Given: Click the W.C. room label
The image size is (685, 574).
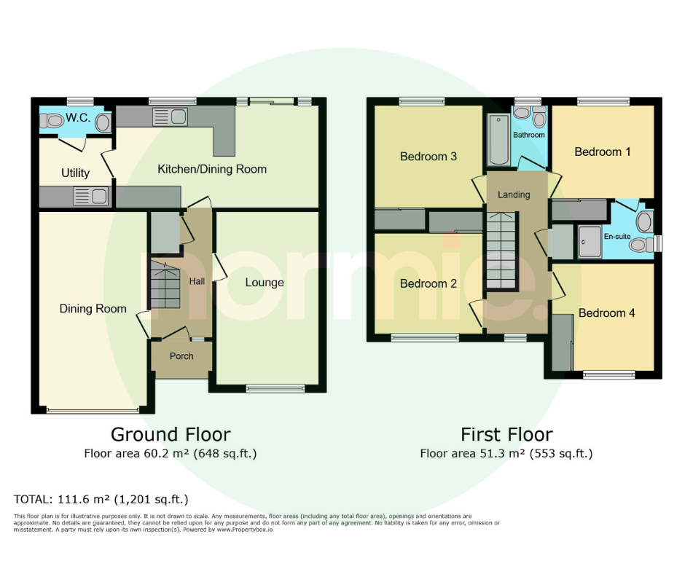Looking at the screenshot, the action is (x=78, y=117).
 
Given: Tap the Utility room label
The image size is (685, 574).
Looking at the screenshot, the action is (x=75, y=173).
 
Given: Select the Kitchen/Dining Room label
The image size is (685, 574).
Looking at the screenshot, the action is (x=212, y=169).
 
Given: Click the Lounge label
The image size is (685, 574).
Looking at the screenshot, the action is (x=265, y=282).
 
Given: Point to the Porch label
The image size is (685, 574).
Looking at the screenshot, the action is (x=181, y=356).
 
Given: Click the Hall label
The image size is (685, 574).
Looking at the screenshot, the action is (x=197, y=281).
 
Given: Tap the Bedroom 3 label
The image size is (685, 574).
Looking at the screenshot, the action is (x=428, y=157).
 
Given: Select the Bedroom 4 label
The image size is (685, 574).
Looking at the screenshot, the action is (x=606, y=312).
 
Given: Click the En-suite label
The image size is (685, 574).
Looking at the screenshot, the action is (x=616, y=236).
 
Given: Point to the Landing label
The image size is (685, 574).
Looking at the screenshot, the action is (x=514, y=194).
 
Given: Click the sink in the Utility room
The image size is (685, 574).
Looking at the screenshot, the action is (x=91, y=196).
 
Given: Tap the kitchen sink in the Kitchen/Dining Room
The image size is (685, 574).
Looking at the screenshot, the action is (x=170, y=117).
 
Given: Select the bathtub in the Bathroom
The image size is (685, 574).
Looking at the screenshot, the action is (x=498, y=139).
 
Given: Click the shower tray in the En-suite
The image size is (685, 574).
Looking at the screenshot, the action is (x=590, y=242).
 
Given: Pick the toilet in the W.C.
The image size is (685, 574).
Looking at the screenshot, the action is (x=51, y=120).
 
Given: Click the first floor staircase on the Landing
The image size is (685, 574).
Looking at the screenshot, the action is (x=501, y=251).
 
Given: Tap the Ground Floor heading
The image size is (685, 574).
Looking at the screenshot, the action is (x=171, y=435).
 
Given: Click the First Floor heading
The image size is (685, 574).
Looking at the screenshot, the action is (x=506, y=435).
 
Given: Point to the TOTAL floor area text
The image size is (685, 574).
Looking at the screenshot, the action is (x=101, y=499).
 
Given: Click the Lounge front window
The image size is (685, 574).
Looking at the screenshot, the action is (x=275, y=388).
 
